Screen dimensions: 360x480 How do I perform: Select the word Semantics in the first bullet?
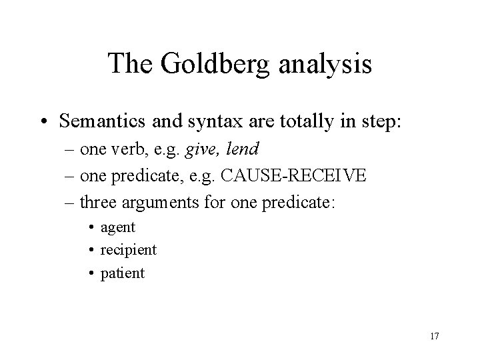[x=99, y=121]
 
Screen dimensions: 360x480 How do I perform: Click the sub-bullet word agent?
[x=117, y=227]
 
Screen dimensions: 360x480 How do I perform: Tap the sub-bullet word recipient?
[x=128, y=250]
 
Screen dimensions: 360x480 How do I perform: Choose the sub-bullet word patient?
[x=122, y=273]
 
